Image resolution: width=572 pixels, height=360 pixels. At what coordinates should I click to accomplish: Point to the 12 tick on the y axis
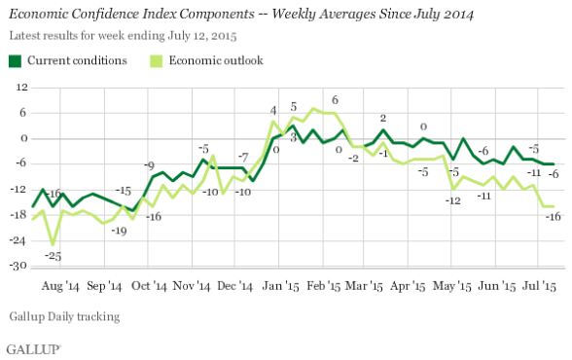[x=18, y=88]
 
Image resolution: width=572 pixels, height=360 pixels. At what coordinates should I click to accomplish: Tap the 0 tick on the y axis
[x=20, y=138]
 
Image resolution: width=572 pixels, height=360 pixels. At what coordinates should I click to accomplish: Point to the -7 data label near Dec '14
[x=245, y=156]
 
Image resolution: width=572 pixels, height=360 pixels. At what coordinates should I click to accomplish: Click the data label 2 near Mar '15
[x=383, y=118]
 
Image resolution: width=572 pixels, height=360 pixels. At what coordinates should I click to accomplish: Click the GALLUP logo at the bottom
[x=34, y=347]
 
